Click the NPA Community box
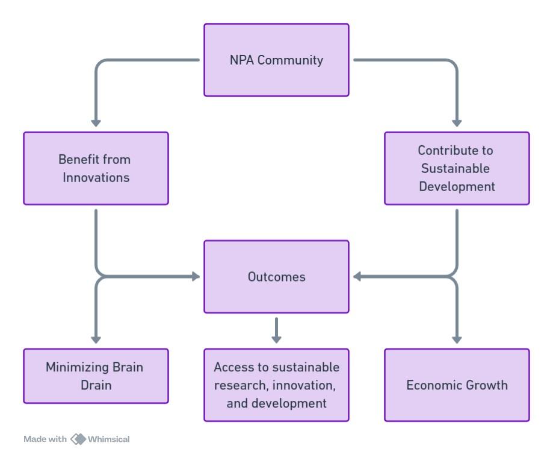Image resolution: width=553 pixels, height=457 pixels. (x=276, y=60)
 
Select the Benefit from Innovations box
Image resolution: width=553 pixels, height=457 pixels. (x=96, y=168)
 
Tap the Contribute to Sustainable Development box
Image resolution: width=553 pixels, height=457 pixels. (x=457, y=168)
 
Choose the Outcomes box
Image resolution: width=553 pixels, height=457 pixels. (x=276, y=277)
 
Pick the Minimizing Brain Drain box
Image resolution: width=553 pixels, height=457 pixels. (x=96, y=376)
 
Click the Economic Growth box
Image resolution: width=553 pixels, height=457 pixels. (x=457, y=385)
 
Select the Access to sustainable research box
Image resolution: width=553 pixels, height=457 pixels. (x=276, y=385)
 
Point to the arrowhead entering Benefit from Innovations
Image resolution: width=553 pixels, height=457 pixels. (x=96, y=123)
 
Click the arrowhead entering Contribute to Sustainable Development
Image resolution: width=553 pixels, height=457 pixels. (x=457, y=123)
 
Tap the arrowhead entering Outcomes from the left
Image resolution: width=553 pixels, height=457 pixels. (x=195, y=277)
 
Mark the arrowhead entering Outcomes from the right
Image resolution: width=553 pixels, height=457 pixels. (x=357, y=277)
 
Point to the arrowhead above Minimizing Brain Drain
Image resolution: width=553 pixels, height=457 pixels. (x=96, y=339)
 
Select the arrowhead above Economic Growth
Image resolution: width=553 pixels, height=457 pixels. (x=457, y=339)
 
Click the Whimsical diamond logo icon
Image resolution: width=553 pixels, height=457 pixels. (x=78, y=438)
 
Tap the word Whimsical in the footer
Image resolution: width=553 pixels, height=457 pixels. (x=109, y=438)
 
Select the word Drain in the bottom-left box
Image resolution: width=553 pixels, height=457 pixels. (x=96, y=384)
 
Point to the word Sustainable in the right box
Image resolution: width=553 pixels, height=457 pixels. (x=457, y=168)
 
